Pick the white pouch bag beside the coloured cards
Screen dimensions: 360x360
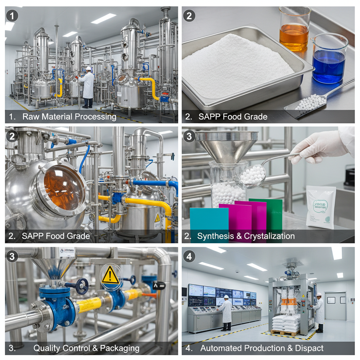point(320,207)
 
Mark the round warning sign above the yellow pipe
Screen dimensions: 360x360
point(111,276)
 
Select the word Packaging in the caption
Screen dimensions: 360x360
point(120,348)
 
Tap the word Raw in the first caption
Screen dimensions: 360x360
point(30,117)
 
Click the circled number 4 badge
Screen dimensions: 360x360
point(189,256)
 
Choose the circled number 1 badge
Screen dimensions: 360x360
point(12,16)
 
